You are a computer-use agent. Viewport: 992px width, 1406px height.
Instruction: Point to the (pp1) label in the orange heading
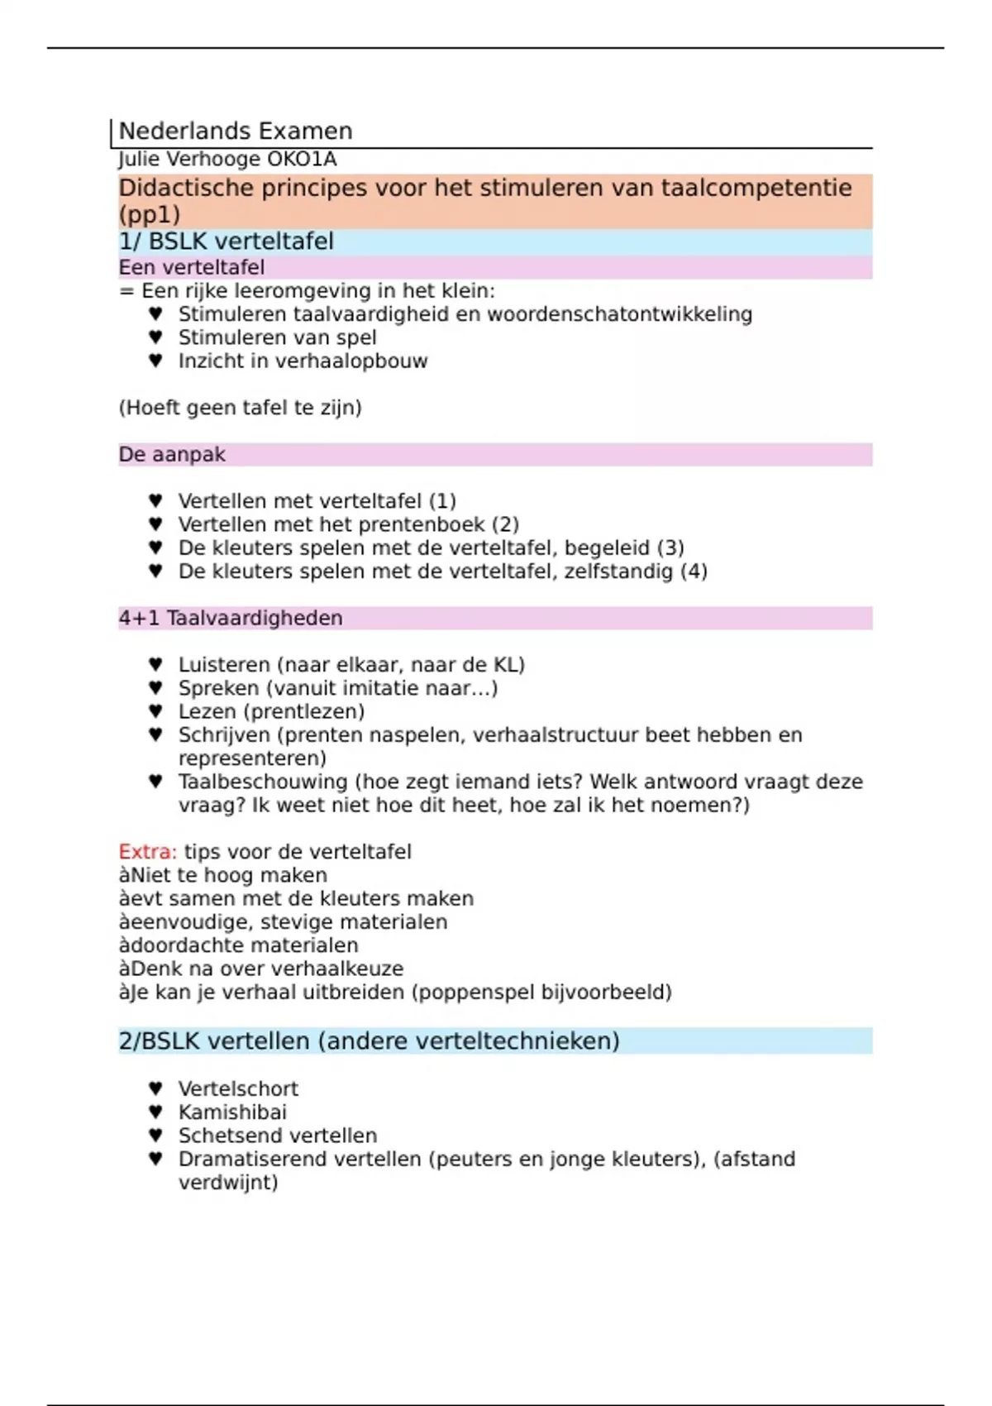pos(150,214)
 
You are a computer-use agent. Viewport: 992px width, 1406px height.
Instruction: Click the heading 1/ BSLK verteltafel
pos(226,242)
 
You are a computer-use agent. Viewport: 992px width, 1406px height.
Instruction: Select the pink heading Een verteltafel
pos(192,267)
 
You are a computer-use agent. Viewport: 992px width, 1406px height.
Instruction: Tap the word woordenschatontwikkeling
pos(619,314)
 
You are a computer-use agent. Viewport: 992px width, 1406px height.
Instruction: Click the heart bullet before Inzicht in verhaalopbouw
pos(155,361)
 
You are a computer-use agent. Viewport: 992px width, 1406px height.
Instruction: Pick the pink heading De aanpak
pos(172,454)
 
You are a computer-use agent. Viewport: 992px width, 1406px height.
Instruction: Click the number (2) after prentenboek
pos(505,524)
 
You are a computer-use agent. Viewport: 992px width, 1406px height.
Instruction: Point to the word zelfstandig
pos(618,571)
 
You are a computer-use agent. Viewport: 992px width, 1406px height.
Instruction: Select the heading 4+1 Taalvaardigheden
pos(231,618)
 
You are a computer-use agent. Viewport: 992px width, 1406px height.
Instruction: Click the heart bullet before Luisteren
pos(155,664)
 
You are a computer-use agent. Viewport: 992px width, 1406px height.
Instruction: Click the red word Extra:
pos(147,852)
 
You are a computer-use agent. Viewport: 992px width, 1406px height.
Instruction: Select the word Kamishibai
pos(232,1112)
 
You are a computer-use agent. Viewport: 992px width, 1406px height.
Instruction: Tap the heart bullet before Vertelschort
pos(155,1088)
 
